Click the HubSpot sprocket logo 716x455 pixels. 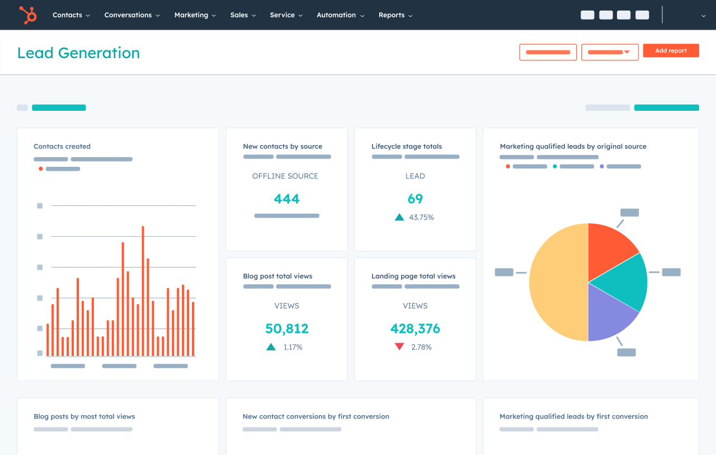(x=27, y=15)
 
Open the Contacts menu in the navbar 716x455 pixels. (x=71, y=15)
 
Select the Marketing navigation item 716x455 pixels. (x=195, y=15)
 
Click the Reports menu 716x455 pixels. (x=395, y=15)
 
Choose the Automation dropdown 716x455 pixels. (x=340, y=15)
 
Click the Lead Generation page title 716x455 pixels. (x=78, y=53)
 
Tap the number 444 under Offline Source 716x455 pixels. (x=286, y=199)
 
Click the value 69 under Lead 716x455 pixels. (x=415, y=199)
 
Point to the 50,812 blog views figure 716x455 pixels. (x=286, y=329)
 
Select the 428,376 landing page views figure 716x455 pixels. (x=415, y=329)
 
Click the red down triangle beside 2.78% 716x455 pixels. (x=399, y=347)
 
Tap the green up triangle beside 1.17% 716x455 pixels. (x=271, y=347)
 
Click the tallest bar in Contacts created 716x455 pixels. (x=143, y=291)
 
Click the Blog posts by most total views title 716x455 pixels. (x=84, y=416)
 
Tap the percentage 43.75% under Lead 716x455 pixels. (x=421, y=217)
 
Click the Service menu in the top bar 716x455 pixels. (x=286, y=15)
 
